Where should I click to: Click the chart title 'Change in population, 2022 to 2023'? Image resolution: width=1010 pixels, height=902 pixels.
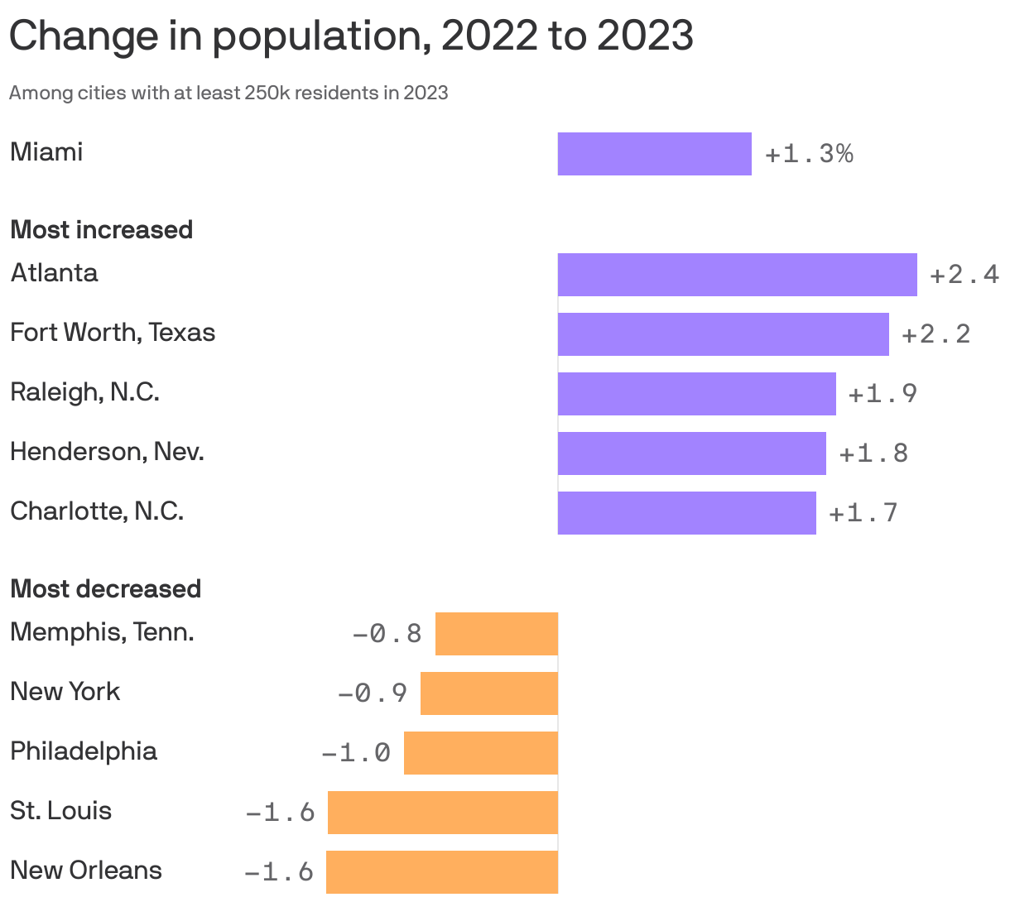pos(351,36)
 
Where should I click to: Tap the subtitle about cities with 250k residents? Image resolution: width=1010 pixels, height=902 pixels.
pos(228,93)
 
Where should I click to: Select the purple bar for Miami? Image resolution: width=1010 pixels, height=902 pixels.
pos(654,154)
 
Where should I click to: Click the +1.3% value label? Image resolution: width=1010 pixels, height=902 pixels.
pos(809,154)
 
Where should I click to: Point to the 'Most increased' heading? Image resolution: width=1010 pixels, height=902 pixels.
pos(101,229)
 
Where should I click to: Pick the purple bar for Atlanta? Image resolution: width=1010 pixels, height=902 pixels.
pos(737,275)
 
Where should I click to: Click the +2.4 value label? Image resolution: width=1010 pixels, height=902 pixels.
pos(964,275)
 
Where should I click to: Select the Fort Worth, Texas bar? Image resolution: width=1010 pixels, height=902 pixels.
pos(723,334)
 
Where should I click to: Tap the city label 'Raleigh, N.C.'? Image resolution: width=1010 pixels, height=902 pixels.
pos(84,391)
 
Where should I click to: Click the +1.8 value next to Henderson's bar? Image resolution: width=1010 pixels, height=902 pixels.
pos(873,453)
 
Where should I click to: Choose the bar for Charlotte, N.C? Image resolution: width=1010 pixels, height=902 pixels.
pos(686,513)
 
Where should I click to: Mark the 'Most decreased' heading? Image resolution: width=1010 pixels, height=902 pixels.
pos(105,588)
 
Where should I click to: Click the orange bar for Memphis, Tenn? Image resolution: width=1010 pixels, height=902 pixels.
pos(497,634)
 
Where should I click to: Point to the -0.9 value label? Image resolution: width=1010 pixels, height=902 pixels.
pos(373,693)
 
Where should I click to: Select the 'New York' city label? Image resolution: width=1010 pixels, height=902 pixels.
pos(65,691)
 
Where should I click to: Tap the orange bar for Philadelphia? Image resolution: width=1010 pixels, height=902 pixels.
pos(481,753)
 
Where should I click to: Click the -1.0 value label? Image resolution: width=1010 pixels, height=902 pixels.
pos(356,753)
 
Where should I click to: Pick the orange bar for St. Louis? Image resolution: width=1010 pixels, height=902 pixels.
pos(443,813)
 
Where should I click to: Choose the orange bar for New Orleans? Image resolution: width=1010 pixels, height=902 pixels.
pos(442,872)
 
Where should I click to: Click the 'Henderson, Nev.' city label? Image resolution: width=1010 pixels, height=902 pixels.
pos(107,452)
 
